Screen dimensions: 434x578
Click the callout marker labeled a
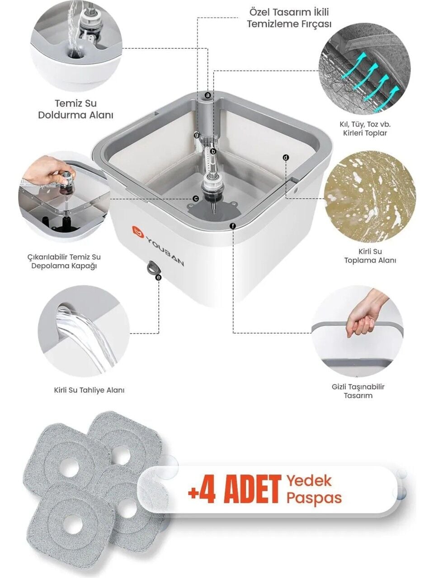point(208,95)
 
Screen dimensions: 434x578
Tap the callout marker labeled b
point(213,151)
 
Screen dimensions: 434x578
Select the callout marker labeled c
point(195,199)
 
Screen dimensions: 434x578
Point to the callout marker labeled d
point(286,158)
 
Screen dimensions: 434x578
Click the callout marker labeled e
point(158,277)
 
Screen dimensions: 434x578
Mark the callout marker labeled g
point(197,135)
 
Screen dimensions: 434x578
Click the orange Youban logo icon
point(138,231)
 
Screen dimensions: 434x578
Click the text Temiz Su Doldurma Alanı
point(76,109)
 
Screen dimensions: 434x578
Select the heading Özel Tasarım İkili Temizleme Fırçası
point(289,18)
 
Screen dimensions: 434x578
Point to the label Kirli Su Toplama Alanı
point(370,256)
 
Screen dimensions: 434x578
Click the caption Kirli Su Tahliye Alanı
point(89,390)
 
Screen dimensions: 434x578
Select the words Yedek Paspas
point(314,489)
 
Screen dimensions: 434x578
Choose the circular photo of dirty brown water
point(370,196)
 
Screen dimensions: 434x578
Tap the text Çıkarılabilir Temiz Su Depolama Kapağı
point(64,261)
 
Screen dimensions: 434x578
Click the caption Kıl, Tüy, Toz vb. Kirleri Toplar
point(365,128)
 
